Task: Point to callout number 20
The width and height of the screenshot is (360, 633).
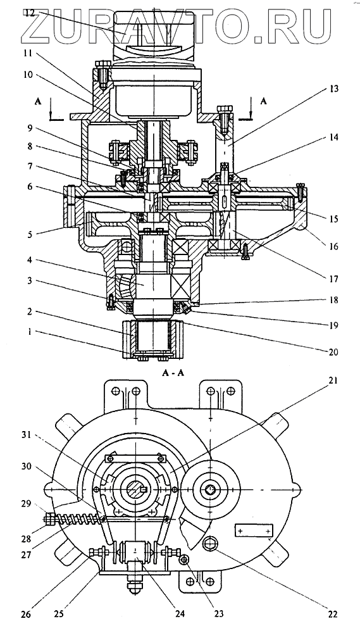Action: pos(333,351)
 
